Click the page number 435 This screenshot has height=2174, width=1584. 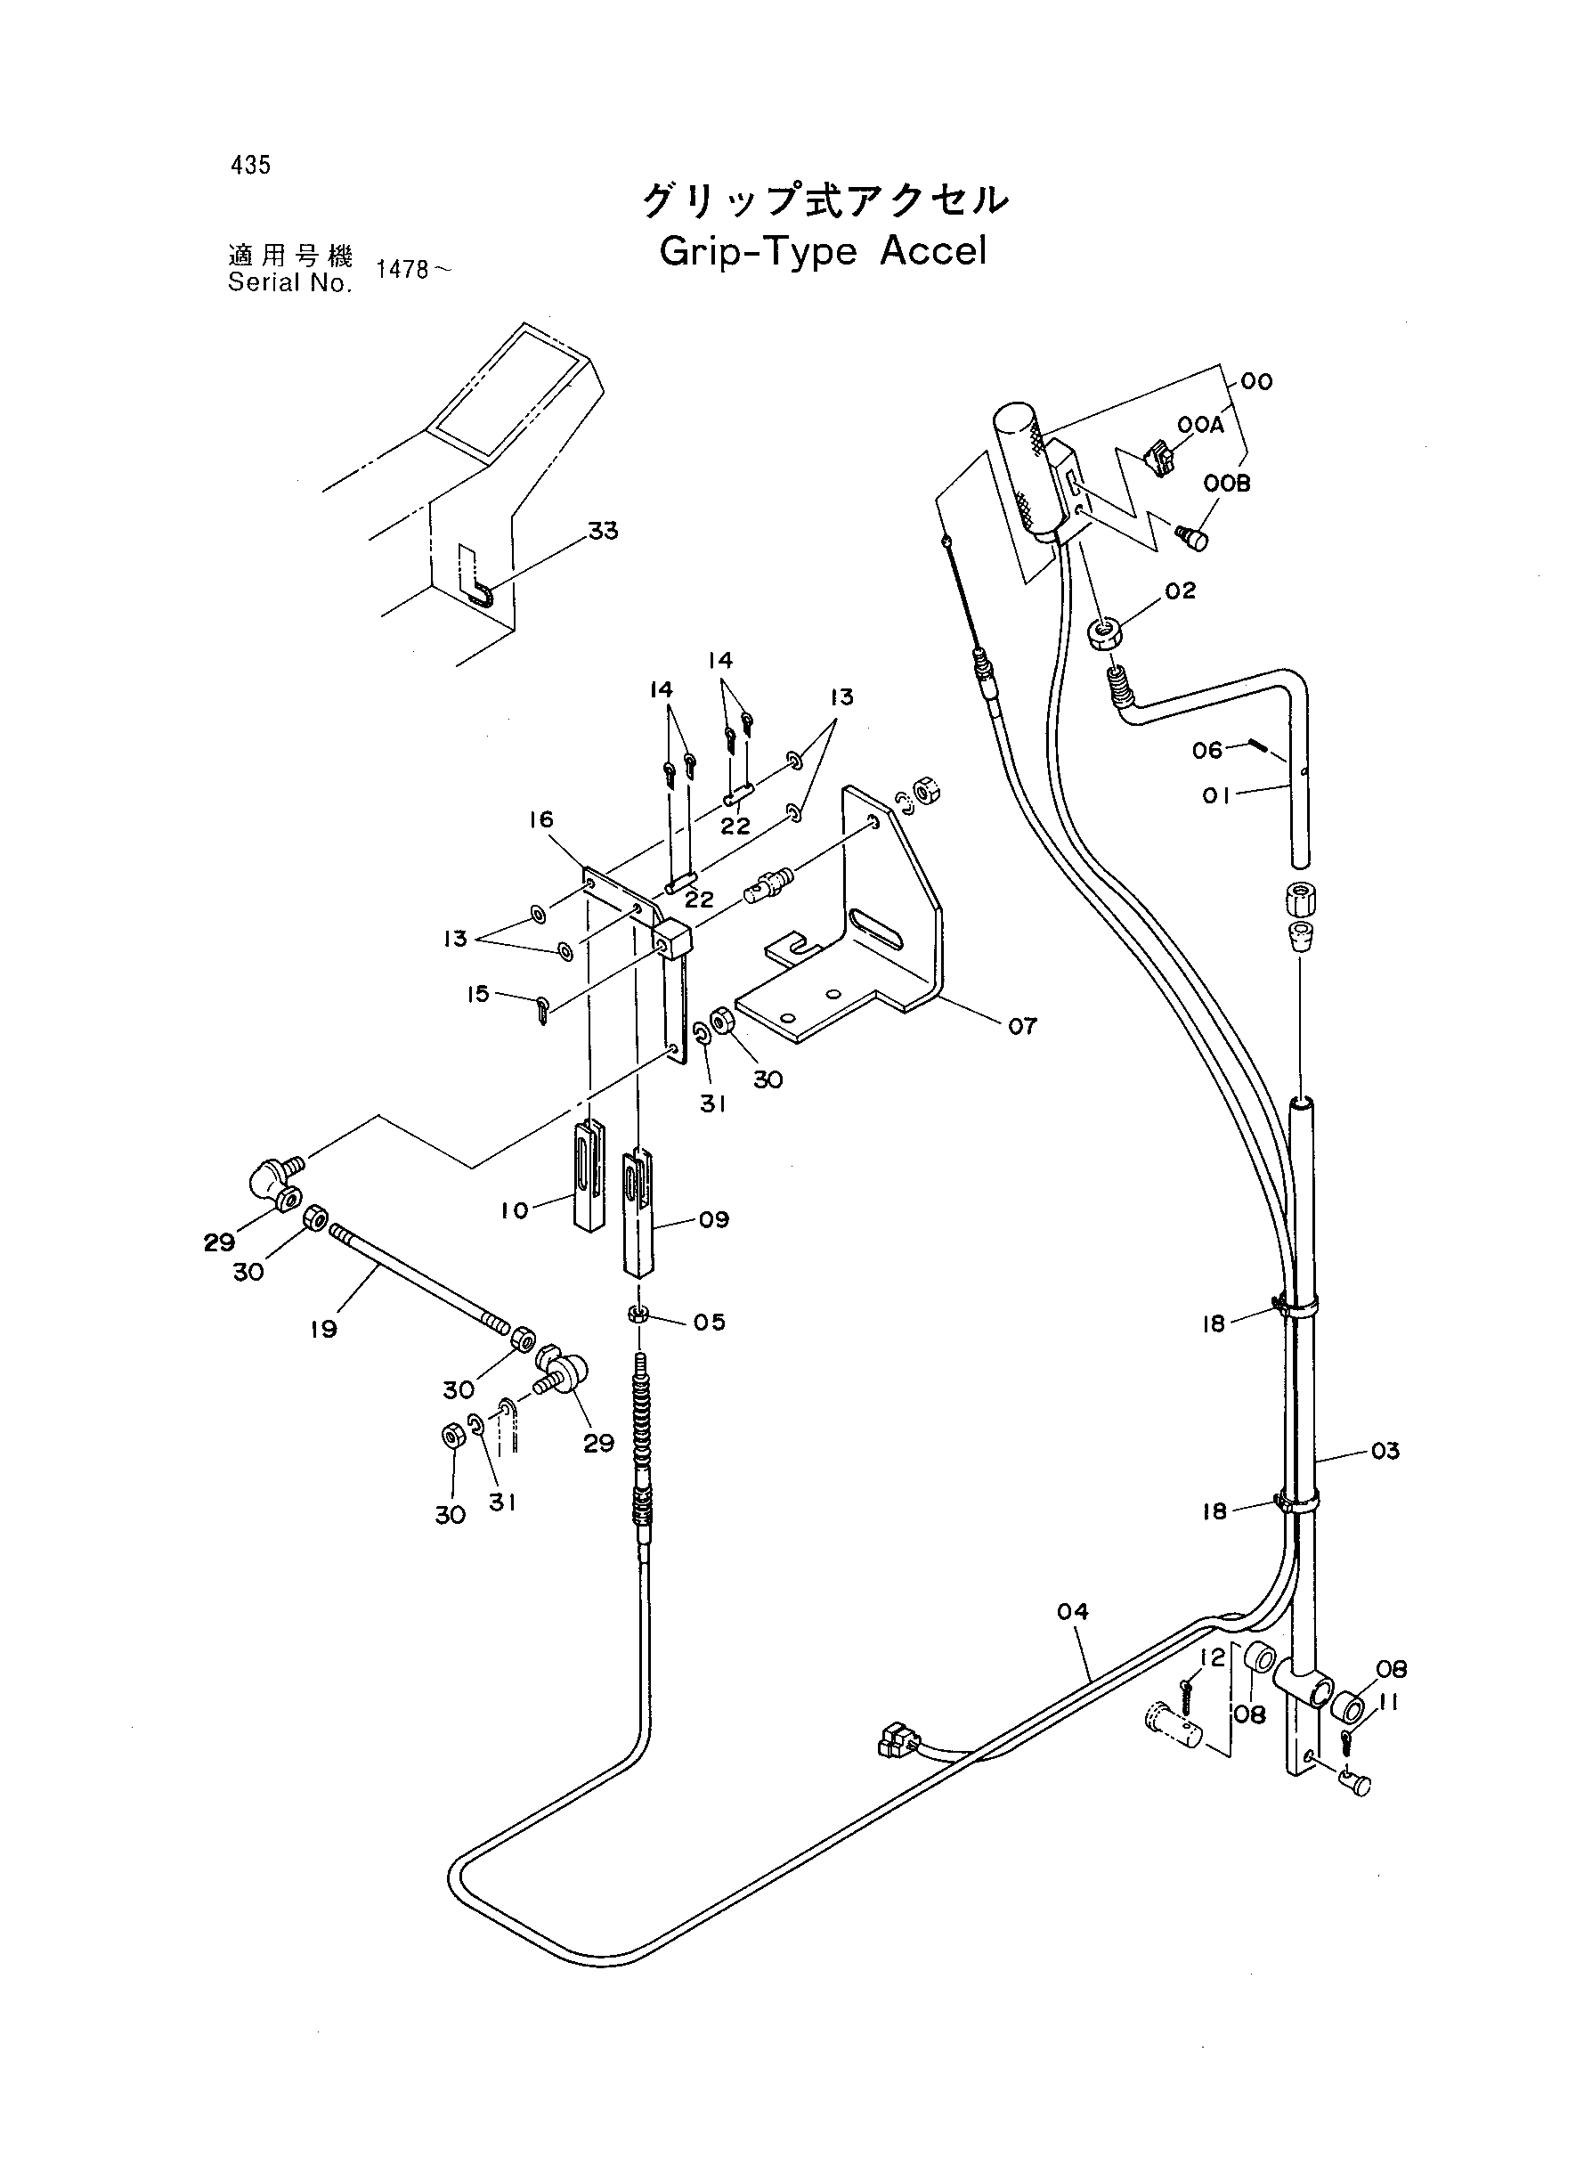point(250,165)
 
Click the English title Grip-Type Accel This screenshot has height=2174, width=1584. point(823,252)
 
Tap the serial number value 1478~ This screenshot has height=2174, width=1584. point(412,270)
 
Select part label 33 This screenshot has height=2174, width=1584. point(603,530)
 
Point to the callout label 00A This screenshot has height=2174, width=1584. point(1200,426)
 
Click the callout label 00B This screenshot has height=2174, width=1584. point(1227,484)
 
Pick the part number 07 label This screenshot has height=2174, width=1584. point(1022,1026)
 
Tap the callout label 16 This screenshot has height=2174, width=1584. point(540,819)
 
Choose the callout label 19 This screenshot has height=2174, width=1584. point(323,1329)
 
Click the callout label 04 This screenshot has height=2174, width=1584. point(1073,1612)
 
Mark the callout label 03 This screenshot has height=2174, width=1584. point(1385,1451)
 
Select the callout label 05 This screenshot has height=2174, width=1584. point(710,1323)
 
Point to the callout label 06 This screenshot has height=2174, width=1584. point(1208,750)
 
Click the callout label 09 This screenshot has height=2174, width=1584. point(714,1220)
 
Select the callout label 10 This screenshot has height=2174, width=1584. point(514,1211)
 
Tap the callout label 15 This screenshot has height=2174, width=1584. point(477,995)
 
